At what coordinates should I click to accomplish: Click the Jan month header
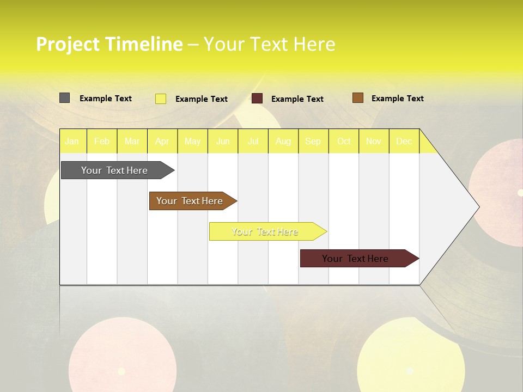[72, 142]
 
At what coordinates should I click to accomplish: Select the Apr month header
[162, 142]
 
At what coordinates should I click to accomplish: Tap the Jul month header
[253, 142]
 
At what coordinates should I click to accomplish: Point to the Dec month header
[404, 142]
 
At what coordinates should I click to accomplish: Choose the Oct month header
[344, 142]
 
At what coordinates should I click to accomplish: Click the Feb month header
[102, 142]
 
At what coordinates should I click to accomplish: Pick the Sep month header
[313, 142]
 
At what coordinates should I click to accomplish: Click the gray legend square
[64, 98]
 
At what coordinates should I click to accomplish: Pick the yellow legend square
[161, 99]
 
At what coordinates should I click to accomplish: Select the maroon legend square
[257, 99]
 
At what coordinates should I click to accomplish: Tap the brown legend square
[358, 98]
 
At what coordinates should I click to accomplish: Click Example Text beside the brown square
[397, 99]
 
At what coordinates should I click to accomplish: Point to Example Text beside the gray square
[106, 99]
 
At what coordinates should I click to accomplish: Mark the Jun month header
[223, 142]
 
